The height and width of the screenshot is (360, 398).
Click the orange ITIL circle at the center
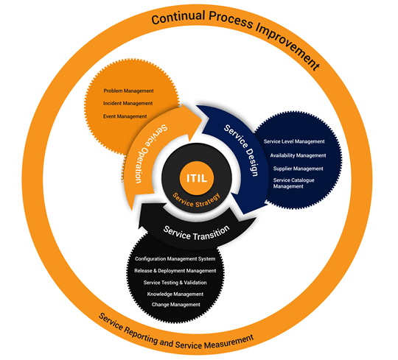click(x=197, y=178)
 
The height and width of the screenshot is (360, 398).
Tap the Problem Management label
click(x=128, y=91)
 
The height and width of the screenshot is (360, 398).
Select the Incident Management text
click(x=128, y=103)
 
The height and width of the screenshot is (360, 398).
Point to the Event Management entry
click(x=125, y=116)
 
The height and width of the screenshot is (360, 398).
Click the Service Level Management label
click(x=294, y=141)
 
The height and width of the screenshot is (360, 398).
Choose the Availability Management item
click(x=298, y=155)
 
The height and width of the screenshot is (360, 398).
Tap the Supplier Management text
click(x=298, y=169)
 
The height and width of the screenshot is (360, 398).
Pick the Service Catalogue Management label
click(x=293, y=183)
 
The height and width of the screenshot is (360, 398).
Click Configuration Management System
click(x=175, y=259)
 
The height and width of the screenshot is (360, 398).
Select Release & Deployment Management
click(x=175, y=271)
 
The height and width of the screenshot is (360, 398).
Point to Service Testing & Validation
click(x=175, y=283)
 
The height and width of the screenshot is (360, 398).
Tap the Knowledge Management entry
click(x=175, y=294)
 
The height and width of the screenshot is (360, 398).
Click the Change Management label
click(x=176, y=305)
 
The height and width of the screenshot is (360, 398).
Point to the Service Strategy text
click(x=196, y=200)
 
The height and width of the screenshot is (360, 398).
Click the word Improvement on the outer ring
click(x=288, y=46)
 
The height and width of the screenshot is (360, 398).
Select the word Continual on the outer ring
click(x=178, y=17)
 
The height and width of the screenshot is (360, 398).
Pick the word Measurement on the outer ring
click(x=230, y=342)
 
